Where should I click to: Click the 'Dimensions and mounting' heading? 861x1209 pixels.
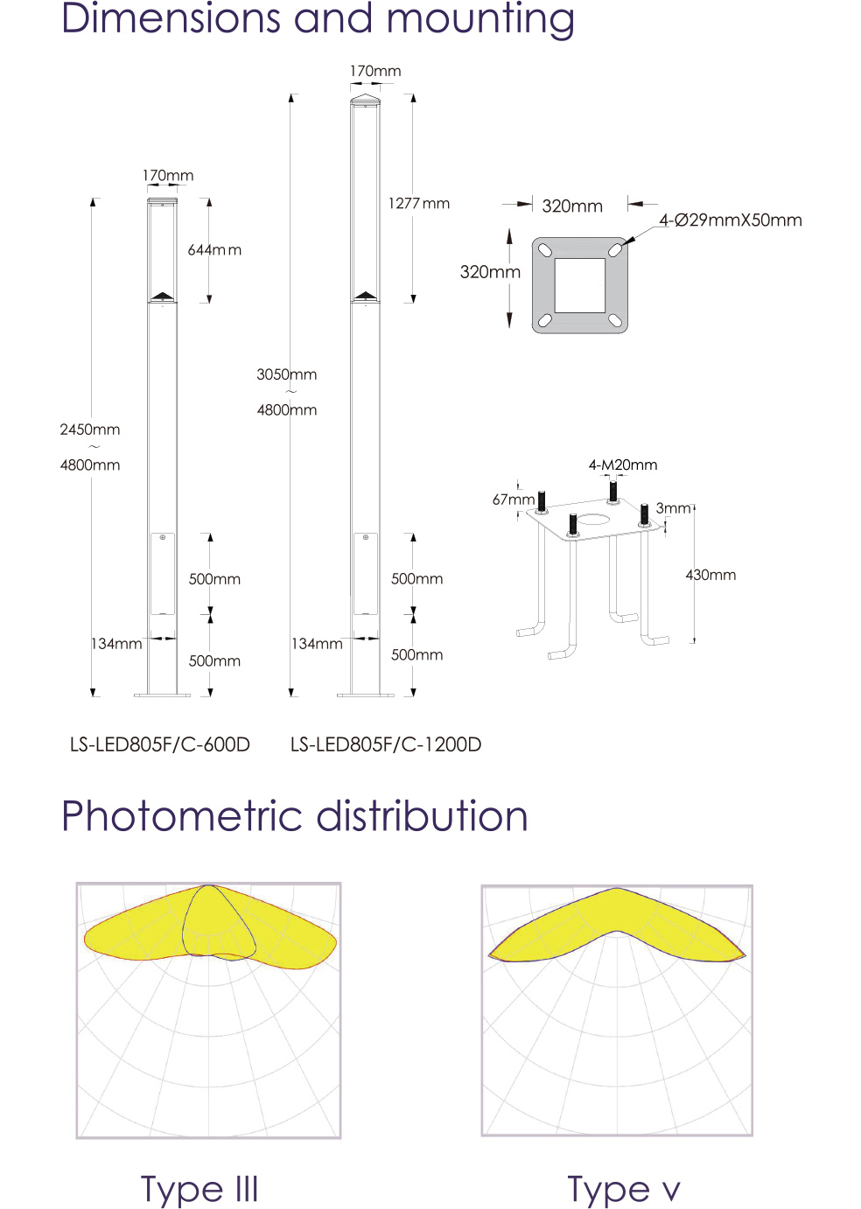(318, 19)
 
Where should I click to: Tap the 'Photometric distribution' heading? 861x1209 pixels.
(295, 815)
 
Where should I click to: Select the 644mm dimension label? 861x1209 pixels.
(214, 250)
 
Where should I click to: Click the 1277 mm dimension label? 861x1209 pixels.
(419, 204)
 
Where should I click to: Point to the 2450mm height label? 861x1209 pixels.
(89, 430)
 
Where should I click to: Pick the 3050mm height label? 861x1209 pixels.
(287, 374)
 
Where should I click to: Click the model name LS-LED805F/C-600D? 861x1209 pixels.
(160, 744)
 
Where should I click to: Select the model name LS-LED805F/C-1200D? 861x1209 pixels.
(386, 744)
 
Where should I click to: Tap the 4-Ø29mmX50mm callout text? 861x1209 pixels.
(731, 220)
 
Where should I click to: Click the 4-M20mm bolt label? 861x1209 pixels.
(623, 465)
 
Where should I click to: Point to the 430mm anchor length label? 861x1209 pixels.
(710, 575)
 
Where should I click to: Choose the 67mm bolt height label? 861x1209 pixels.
(513, 500)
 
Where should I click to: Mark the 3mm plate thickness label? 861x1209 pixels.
(673, 508)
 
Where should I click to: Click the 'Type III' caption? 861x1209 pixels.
(199, 1189)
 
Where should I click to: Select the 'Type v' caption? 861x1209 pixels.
(624, 1189)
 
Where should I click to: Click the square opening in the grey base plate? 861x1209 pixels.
(580, 285)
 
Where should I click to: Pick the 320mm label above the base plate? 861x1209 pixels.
(572, 206)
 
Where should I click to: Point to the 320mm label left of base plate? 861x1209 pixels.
(490, 272)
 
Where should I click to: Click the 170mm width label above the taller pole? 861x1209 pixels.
(375, 71)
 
